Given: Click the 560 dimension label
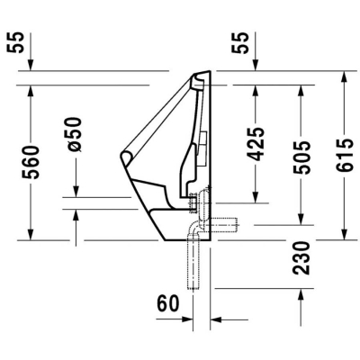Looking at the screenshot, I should tap(30, 162).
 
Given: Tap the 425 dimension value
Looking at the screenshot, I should tap(256, 144).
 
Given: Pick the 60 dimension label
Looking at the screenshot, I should tap(168, 303).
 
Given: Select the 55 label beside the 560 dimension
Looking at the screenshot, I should tap(30, 43).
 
